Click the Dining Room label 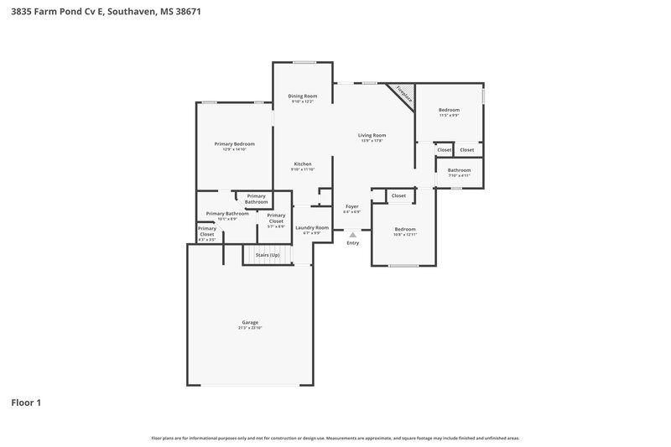tap(302, 96)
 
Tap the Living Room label tap(372, 135)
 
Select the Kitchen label tap(302, 164)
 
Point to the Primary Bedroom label tap(234, 144)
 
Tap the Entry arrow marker tap(352, 236)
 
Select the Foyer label tap(352, 206)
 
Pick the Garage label tap(250, 323)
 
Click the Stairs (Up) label tap(268, 254)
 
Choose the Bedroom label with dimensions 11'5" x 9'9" tap(449, 111)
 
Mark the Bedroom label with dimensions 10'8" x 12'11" tap(405, 229)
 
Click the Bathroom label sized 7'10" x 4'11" tap(459, 170)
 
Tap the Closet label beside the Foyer tap(398, 195)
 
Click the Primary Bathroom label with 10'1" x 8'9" tap(227, 214)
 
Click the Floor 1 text tap(26, 403)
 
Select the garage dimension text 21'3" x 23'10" tap(250, 328)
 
